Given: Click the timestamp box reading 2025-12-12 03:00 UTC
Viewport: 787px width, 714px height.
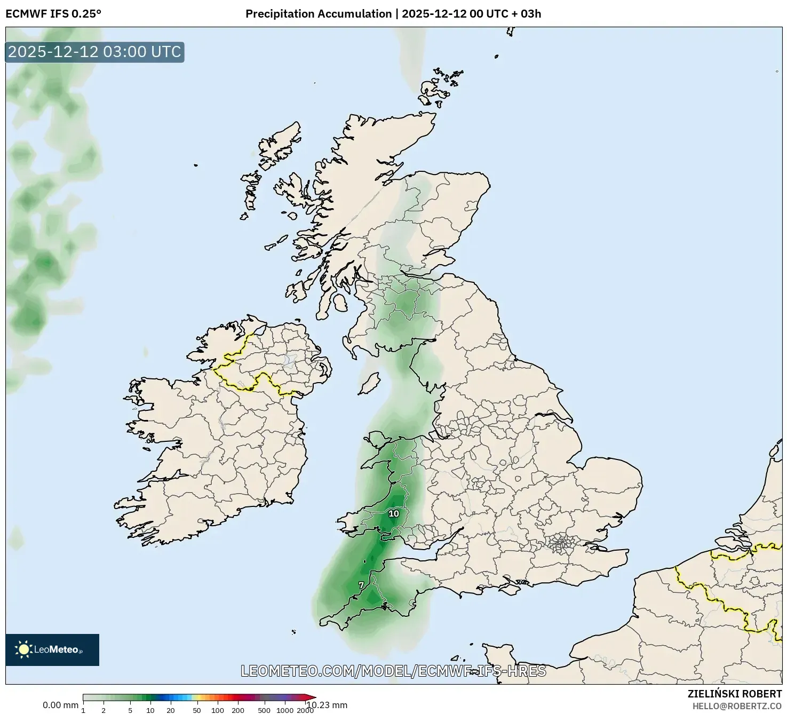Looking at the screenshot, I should [94, 52].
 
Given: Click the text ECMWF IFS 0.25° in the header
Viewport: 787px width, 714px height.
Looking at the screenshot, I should [53, 14].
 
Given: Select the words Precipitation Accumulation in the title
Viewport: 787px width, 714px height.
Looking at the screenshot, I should [318, 14].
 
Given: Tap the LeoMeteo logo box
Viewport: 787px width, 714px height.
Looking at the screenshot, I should [52, 649].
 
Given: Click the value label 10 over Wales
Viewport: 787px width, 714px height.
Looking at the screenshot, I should [394, 513].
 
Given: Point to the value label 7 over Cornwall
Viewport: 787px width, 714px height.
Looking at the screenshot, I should [361, 585].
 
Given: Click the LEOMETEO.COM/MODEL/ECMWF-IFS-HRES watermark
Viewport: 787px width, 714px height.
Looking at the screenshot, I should [393, 671].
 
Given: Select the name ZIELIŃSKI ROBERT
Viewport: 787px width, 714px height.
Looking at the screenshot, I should [735, 694].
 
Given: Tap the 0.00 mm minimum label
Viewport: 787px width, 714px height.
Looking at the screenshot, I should [60, 705].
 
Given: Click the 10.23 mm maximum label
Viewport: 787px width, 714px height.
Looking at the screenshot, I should [327, 705].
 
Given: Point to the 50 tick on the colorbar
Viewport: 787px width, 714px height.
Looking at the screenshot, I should [197, 710].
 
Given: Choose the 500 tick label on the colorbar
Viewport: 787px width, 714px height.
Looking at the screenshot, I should [264, 710].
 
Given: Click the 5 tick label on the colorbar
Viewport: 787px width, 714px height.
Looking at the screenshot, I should [130, 710].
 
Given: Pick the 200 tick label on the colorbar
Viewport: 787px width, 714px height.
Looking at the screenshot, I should [238, 710].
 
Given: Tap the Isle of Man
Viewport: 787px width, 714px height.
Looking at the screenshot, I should [369, 383].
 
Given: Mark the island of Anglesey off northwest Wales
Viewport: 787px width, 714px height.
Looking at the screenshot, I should [378, 441].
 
